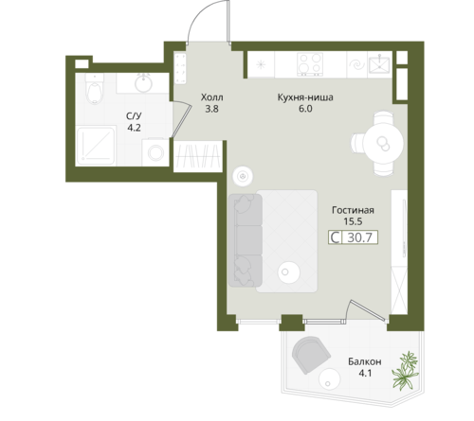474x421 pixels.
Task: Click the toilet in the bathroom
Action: [x=95, y=89]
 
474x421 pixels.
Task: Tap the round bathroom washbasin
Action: [x=144, y=83]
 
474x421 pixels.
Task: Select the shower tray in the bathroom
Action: [x=96, y=146]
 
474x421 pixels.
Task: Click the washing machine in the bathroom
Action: [x=155, y=152]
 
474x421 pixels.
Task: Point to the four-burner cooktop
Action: [x=310, y=64]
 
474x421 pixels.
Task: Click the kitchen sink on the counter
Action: [x=380, y=64]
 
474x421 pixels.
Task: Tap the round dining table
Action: [x=383, y=143]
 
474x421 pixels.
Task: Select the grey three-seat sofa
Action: [x=246, y=240]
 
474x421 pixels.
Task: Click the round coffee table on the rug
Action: [x=288, y=272]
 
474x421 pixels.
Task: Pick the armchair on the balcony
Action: [x=311, y=355]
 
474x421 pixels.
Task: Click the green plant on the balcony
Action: [x=406, y=371]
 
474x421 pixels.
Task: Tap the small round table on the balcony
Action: [x=329, y=378]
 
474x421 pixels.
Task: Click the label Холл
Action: [x=211, y=97]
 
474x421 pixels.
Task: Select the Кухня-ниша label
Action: [x=305, y=97]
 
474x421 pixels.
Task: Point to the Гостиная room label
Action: [x=353, y=210]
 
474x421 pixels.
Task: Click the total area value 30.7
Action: [x=359, y=237]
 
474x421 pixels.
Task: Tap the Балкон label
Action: [x=365, y=361]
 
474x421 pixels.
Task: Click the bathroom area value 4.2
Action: [x=134, y=128]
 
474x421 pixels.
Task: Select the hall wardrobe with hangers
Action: [x=198, y=156]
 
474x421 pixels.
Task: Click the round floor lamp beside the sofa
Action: [x=243, y=176]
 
